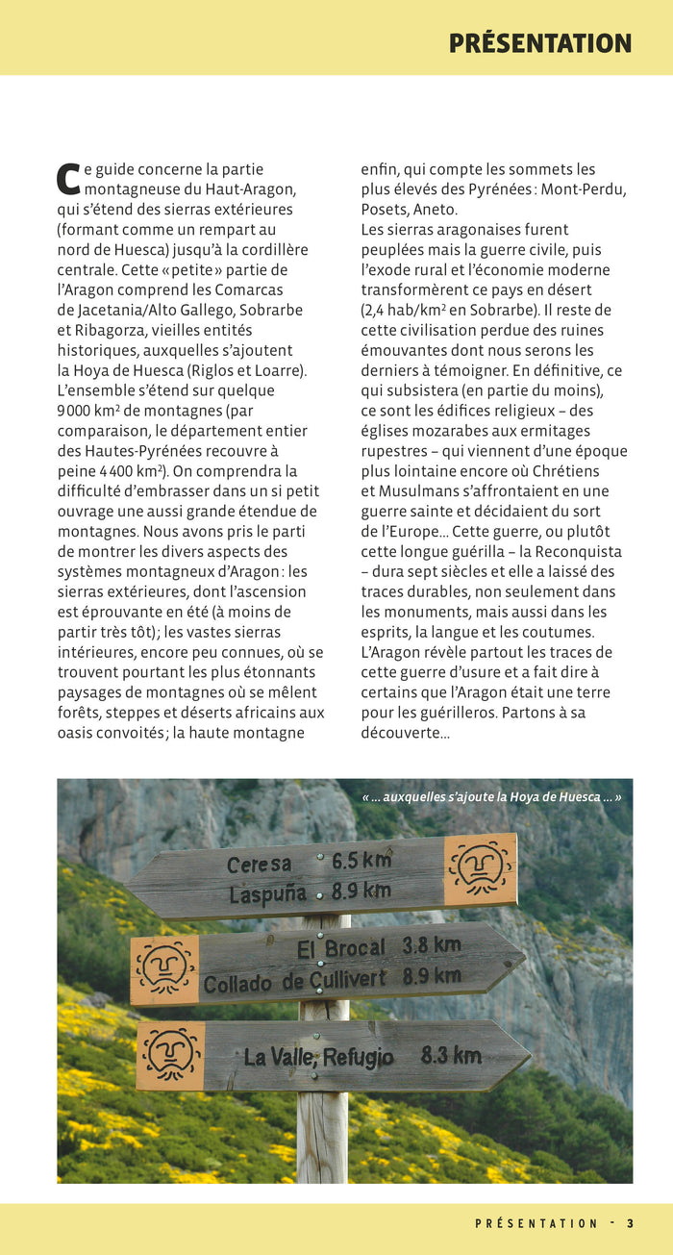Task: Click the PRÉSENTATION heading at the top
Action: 539,43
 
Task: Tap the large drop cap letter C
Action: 67,179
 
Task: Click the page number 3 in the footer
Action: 630,1223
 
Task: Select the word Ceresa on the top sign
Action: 259,864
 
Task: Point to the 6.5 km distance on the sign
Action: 361,859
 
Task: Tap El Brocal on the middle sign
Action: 340,948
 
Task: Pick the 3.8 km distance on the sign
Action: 432,944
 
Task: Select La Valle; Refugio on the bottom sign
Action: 318,1057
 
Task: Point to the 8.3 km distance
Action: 451,1055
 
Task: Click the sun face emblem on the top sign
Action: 480,869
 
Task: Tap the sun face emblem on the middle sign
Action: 164,969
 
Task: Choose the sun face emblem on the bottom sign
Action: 170,1055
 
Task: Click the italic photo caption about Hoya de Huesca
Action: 491,796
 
